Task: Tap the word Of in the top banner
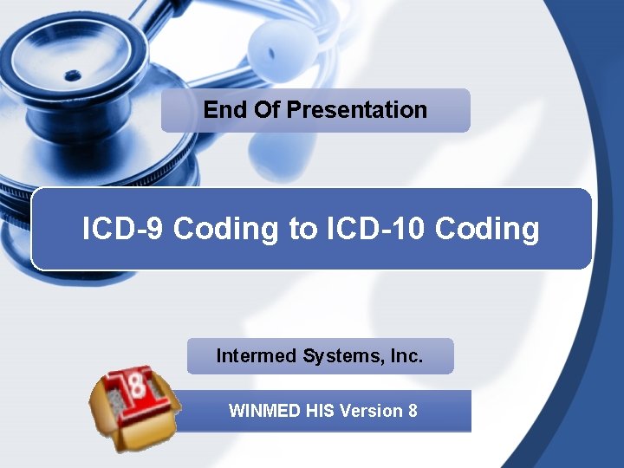[x=267, y=110]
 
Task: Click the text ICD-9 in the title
[x=123, y=229]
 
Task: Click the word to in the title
[x=303, y=229]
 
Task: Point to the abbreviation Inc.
[x=406, y=355]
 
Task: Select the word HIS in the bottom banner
[x=321, y=411]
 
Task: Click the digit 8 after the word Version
[x=412, y=411]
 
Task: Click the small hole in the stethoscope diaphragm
[x=73, y=75]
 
